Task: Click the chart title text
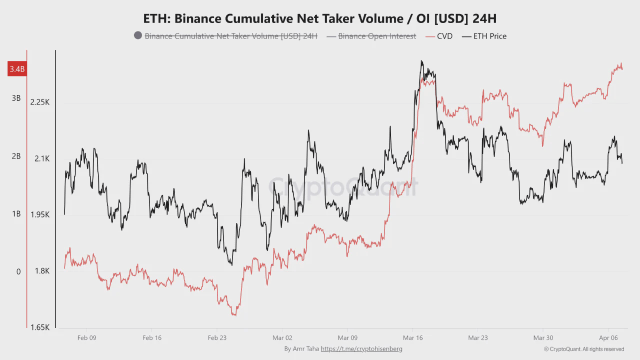coord(319,18)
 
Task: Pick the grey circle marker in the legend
coord(138,35)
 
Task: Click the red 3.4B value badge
coord(17,69)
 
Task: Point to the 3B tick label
coord(16,98)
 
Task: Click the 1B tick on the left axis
coord(16,214)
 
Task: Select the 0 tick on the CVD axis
coord(18,271)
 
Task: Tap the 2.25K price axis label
coord(40,102)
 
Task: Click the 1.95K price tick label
coord(40,214)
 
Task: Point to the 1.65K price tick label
coord(40,327)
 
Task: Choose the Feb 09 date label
coord(87,338)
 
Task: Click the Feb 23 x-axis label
coord(217,338)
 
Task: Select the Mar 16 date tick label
coord(412,338)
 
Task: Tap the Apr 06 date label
coord(608,338)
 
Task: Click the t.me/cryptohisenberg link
coord(361,348)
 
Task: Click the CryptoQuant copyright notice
coord(584,349)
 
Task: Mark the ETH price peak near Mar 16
coord(421,61)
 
